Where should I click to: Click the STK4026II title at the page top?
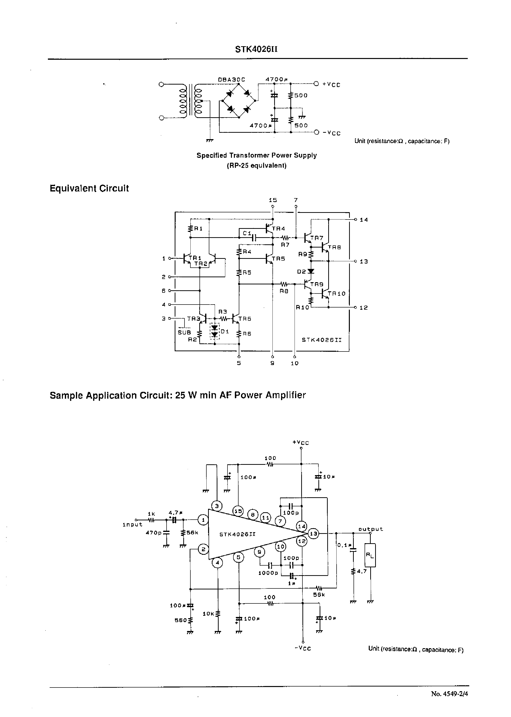(x=256, y=50)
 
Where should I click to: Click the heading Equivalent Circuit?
(x=89, y=188)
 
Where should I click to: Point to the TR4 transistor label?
(x=278, y=229)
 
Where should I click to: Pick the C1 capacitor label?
(x=247, y=233)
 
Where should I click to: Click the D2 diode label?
(x=301, y=271)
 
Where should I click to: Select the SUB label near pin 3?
(x=185, y=332)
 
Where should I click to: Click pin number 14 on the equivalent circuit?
(x=364, y=220)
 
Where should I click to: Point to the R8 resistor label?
(x=284, y=291)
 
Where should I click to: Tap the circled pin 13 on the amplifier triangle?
(x=313, y=533)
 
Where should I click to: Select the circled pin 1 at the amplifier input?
(x=203, y=520)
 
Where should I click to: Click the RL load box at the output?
(x=370, y=556)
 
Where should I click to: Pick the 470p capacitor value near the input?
(x=154, y=533)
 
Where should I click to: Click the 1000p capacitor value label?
(x=268, y=573)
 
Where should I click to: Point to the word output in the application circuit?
(x=371, y=529)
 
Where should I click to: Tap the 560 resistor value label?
(x=181, y=620)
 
